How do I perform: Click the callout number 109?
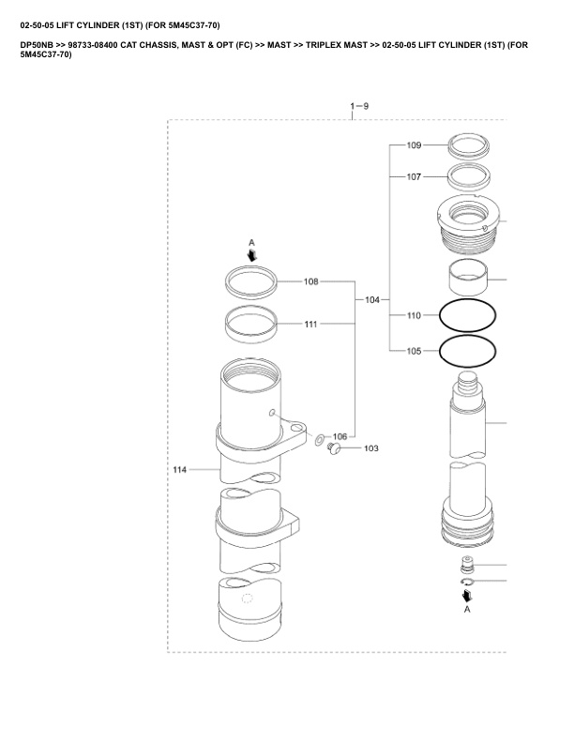(x=414, y=145)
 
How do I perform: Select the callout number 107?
(x=414, y=176)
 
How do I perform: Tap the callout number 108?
(x=311, y=281)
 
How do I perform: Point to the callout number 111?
(x=310, y=324)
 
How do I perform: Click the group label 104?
(x=372, y=299)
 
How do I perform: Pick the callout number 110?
(x=414, y=315)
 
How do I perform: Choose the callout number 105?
(x=414, y=351)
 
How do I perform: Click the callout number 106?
(x=340, y=436)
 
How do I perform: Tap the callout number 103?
(x=371, y=448)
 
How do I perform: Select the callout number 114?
(x=180, y=470)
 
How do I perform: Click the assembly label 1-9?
(x=359, y=106)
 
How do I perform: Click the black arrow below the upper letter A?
(x=252, y=256)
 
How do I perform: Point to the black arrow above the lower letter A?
(x=467, y=596)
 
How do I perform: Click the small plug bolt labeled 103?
(x=334, y=447)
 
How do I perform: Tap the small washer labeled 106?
(x=320, y=440)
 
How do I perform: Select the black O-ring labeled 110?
(x=468, y=315)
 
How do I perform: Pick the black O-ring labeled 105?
(x=468, y=351)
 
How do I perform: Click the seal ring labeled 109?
(x=469, y=146)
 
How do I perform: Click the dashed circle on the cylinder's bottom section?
(x=248, y=599)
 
